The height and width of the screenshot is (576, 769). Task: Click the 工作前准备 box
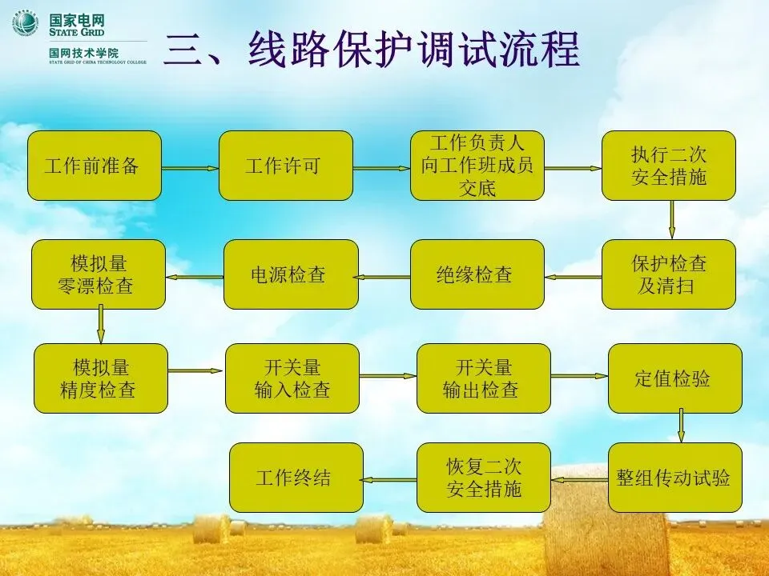[x=95, y=166]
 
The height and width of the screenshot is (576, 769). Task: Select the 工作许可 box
[x=286, y=166]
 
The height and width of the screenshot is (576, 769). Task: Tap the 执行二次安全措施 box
[x=669, y=166]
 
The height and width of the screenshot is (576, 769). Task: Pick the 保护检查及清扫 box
[x=669, y=274]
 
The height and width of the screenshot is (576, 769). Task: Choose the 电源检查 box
[x=291, y=274]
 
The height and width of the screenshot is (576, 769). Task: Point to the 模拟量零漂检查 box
[x=99, y=274]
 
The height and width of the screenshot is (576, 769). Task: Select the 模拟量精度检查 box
[x=101, y=378]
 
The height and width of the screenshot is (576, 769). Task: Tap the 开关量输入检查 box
[x=292, y=378]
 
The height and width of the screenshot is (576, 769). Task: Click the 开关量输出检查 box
[x=484, y=378]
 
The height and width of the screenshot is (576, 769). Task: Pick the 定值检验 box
[x=675, y=378]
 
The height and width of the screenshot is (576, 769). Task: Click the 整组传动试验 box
[x=675, y=478]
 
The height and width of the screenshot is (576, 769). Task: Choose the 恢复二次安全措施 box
[x=484, y=478]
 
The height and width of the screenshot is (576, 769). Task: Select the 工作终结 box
[x=296, y=478]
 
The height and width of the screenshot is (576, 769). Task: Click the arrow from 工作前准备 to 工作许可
[x=190, y=168]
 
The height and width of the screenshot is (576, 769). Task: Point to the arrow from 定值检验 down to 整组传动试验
[x=681, y=427]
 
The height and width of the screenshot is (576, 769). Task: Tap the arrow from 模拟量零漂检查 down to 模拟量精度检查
[x=101, y=326]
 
